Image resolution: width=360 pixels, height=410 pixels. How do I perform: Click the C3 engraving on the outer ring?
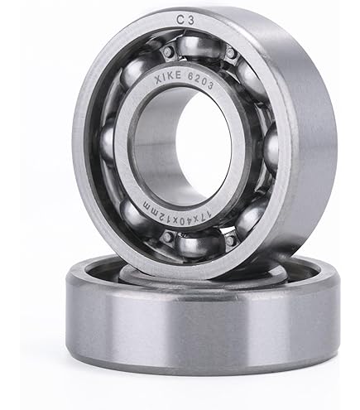point(185,20)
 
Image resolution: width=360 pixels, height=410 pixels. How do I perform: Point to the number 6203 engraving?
point(200,80)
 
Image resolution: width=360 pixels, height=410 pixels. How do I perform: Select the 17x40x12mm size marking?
point(177,215)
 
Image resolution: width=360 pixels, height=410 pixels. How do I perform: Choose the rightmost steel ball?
point(271,150)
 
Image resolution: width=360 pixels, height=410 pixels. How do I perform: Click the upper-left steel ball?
point(135,71)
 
